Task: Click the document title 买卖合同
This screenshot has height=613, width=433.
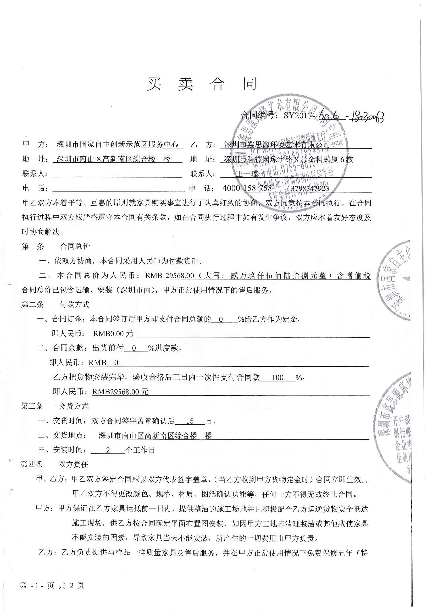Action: [202, 84]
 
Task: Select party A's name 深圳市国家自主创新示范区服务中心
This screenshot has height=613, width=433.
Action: [117, 144]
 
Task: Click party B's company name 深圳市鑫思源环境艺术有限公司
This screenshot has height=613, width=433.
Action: [277, 145]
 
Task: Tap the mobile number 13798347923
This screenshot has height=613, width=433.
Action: [308, 189]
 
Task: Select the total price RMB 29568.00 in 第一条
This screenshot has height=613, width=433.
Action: [170, 276]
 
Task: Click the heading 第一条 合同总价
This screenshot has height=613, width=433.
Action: [56, 246]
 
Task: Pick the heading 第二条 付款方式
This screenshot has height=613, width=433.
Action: [55, 304]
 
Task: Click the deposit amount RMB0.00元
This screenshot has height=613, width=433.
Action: [113, 333]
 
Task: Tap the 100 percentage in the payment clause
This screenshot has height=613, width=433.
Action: [277, 377]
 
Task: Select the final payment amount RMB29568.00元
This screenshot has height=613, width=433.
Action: [120, 392]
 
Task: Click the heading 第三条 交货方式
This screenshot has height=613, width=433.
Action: [55, 406]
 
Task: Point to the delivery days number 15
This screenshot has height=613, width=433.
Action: [190, 421]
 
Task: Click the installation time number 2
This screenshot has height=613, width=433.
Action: [108, 450]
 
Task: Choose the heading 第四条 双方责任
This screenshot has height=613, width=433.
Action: [54, 464]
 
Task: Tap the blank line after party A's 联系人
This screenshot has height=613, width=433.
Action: [117, 173]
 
